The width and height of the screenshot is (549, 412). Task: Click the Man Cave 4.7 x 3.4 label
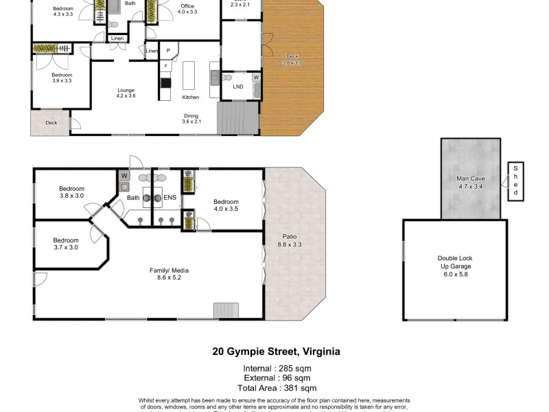coord(471,182)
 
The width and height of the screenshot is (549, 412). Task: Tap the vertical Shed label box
coord(515,181)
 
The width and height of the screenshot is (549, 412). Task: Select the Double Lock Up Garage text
coord(455,266)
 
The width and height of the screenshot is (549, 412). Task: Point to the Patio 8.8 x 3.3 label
coord(290,240)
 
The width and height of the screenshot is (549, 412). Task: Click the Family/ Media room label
coord(169,274)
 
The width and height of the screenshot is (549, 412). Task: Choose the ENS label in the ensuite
coord(170,198)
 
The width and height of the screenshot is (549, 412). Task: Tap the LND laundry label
coord(238,87)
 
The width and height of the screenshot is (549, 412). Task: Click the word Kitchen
coord(190,97)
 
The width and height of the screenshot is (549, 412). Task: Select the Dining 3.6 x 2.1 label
coord(191,118)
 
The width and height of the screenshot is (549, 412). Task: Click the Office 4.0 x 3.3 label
coord(187,9)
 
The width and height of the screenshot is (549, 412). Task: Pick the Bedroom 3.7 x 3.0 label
coord(67,244)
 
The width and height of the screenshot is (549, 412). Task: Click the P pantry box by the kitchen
coord(167,50)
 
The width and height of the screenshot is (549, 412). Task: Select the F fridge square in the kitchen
coord(165,66)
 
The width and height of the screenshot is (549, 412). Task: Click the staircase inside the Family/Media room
coord(226,310)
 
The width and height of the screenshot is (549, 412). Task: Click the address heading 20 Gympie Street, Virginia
coord(276,352)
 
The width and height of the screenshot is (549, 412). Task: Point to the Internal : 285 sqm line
coord(277,369)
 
